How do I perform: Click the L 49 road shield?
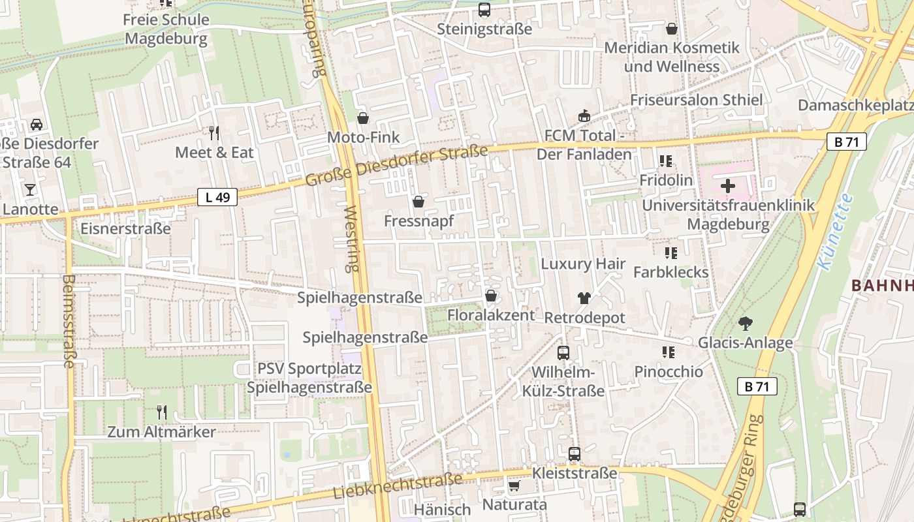tap(217, 197)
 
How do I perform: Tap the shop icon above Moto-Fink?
tap(363, 118)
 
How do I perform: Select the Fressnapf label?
tap(418, 221)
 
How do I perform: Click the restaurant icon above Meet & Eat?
tap(214, 133)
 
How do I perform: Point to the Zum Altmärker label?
tap(161, 432)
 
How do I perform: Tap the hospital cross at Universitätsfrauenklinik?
tap(728, 186)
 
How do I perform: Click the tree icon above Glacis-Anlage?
tap(745, 324)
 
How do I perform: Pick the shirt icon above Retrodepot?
tap(584, 298)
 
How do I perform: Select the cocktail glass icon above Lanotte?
tap(30, 190)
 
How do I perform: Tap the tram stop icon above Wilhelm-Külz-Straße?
tap(563, 353)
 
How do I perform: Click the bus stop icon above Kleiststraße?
tap(575, 453)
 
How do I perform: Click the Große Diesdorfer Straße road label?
tap(396, 165)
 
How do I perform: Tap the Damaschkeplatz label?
tap(855, 105)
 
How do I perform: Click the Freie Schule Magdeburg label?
tap(166, 29)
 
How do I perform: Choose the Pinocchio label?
tap(669, 372)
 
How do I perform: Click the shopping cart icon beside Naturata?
tap(514, 486)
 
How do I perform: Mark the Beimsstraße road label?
tap(69, 321)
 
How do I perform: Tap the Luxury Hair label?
tap(583, 264)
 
